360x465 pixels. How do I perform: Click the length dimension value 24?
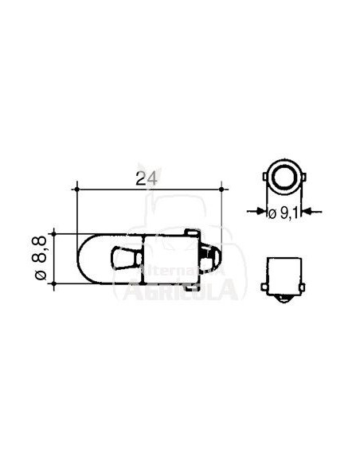(143, 180)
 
